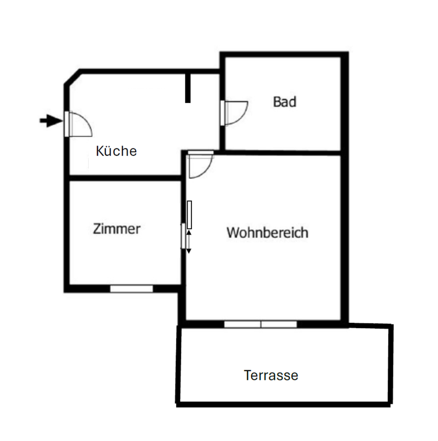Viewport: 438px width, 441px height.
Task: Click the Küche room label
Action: [116, 151]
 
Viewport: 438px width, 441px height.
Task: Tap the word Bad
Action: [284, 102]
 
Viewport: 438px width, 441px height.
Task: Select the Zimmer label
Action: [116, 229]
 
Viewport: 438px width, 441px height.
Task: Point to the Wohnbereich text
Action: [267, 232]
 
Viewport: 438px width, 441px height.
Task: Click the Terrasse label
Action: [271, 375]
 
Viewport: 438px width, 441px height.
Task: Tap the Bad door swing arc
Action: [236, 113]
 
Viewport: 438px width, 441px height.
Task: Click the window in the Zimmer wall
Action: [131, 288]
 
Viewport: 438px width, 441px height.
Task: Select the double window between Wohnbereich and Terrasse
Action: [260, 324]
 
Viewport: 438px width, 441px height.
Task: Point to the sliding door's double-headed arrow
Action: [189, 242]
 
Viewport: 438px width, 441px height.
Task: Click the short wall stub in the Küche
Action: [188, 87]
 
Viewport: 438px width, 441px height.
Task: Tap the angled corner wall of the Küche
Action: [72, 77]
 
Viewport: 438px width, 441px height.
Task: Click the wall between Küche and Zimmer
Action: [124, 178]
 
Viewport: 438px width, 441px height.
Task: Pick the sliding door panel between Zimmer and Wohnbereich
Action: [189, 215]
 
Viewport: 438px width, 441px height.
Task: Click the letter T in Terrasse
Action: [247, 375]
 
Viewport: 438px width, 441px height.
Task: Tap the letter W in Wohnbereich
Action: [232, 232]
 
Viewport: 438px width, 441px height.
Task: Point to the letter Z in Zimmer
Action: [97, 229]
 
